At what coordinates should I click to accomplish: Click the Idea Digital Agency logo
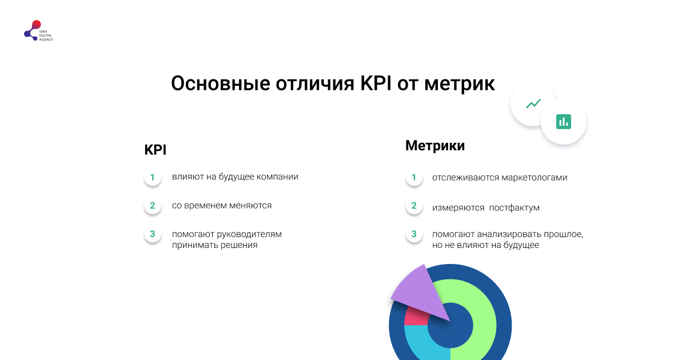tap(38, 31)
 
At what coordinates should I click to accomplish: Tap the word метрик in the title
tap(460, 83)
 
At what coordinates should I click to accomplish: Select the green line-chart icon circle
tap(533, 104)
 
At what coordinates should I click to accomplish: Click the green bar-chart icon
tap(564, 121)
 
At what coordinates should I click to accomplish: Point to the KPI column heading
tap(155, 150)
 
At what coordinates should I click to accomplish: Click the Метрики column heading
tap(435, 146)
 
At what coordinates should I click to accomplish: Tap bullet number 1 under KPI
tap(153, 177)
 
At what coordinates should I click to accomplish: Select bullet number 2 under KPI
tap(153, 206)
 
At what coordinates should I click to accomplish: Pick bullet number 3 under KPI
tap(153, 234)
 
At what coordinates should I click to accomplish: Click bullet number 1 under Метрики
tap(414, 178)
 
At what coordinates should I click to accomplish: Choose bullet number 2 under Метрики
tap(414, 206)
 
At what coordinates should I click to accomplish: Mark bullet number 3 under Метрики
tap(414, 234)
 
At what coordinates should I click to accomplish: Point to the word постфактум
tap(514, 208)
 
